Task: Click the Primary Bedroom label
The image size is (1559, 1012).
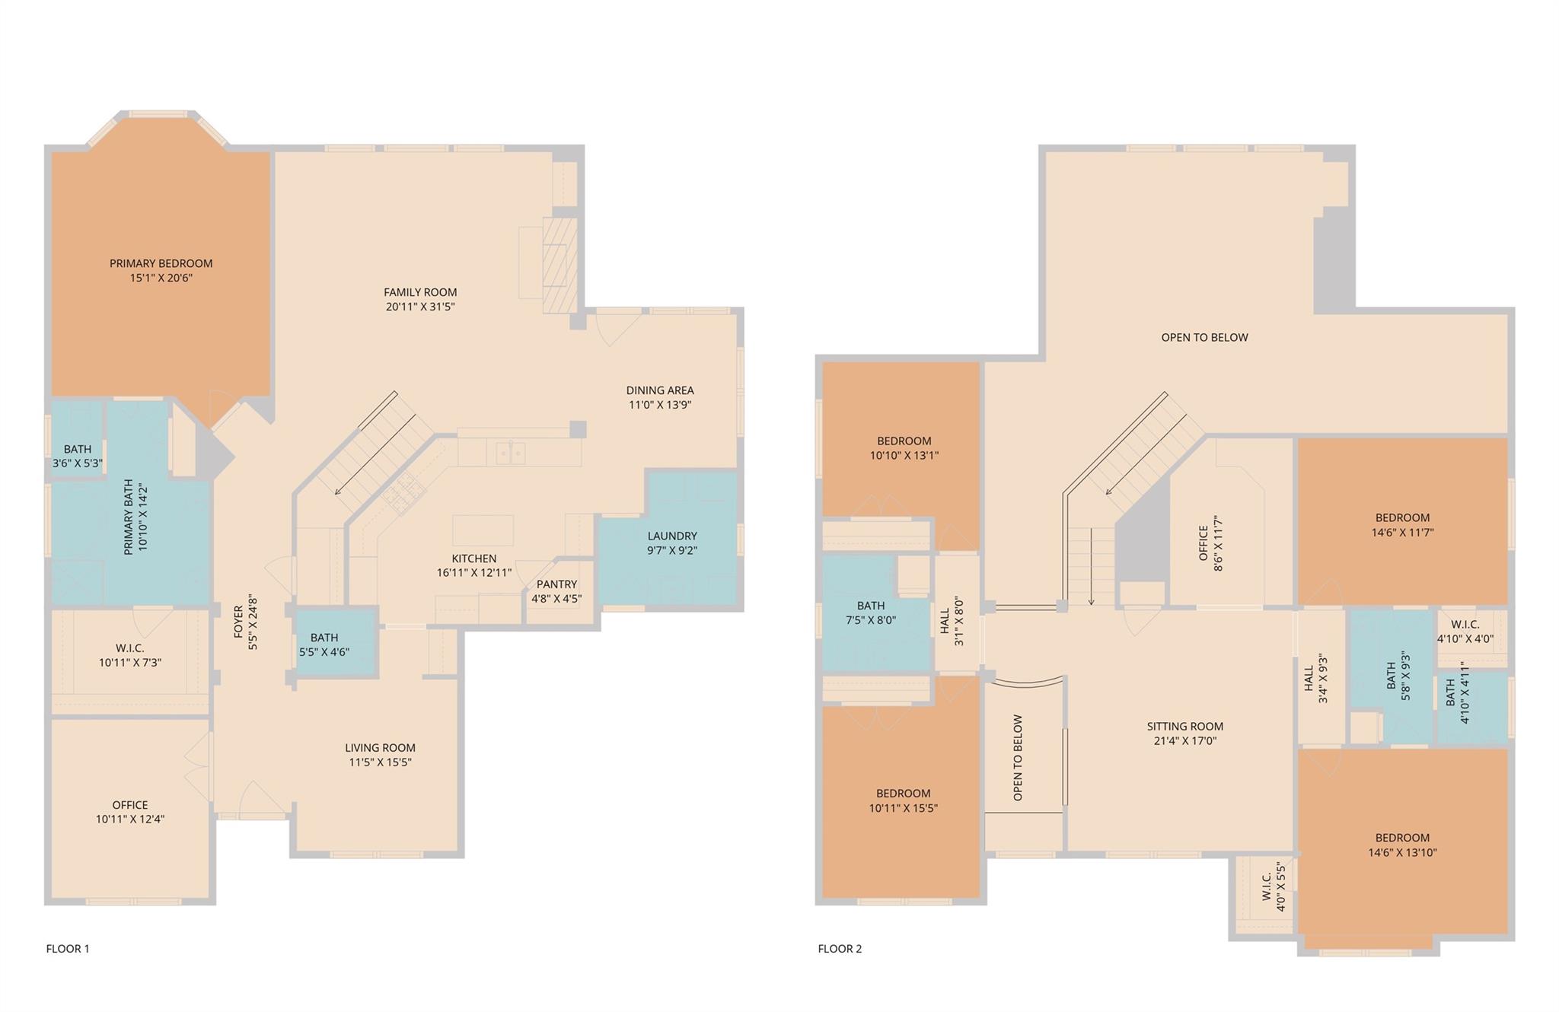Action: click(x=161, y=263)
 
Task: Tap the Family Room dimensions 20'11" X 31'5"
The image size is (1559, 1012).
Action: click(x=420, y=307)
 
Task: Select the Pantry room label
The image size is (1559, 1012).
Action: click(x=556, y=584)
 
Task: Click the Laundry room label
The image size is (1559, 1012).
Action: click(x=672, y=536)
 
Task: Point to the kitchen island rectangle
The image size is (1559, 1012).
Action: click(x=483, y=530)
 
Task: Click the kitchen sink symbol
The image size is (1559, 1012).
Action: click(x=510, y=453)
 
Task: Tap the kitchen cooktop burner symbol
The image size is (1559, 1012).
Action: click(x=403, y=491)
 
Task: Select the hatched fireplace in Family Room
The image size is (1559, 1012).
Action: click(x=560, y=265)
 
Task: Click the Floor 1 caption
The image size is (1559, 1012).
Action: click(x=68, y=948)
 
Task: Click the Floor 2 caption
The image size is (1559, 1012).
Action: click(x=840, y=948)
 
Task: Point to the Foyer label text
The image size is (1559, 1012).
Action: click(x=238, y=622)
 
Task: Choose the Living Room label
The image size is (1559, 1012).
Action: click(x=380, y=747)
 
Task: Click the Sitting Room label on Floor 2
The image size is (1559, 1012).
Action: click(x=1184, y=726)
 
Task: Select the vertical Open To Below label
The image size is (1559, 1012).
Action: click(x=1018, y=757)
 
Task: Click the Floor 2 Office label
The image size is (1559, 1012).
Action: click(x=1204, y=543)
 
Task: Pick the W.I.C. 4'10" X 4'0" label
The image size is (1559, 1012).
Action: click(x=1465, y=625)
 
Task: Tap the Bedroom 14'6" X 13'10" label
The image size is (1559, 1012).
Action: click(x=1402, y=837)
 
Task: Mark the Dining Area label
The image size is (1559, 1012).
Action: click(x=659, y=390)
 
